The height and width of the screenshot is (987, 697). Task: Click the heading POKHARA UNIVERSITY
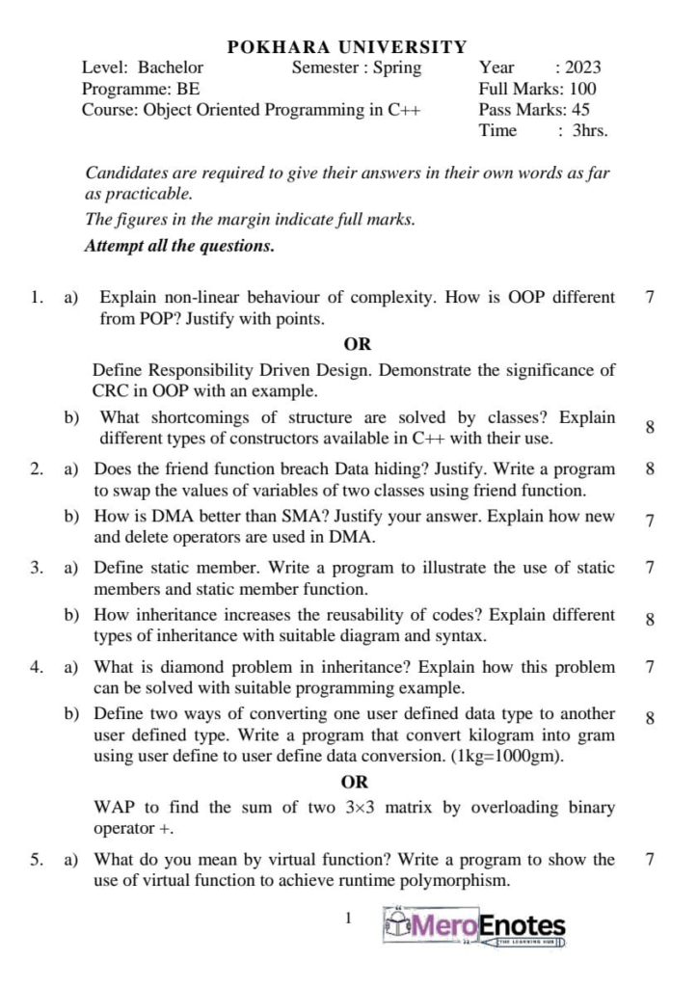347,46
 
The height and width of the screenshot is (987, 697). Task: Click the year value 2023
582,67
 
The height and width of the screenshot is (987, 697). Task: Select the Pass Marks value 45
580,110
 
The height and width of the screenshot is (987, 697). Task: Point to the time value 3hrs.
590,131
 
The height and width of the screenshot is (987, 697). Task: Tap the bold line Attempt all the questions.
179,246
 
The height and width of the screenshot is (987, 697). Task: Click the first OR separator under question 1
357,344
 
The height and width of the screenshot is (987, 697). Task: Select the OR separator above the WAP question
355,783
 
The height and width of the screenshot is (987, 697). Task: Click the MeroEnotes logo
474,927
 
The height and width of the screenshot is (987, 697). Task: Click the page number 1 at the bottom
349,919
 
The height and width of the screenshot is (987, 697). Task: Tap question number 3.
36,568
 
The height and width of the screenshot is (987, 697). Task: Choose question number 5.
36,860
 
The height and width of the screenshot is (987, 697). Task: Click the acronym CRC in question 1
111,390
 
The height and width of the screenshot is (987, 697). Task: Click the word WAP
114,808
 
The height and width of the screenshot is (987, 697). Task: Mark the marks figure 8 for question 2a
650,469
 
